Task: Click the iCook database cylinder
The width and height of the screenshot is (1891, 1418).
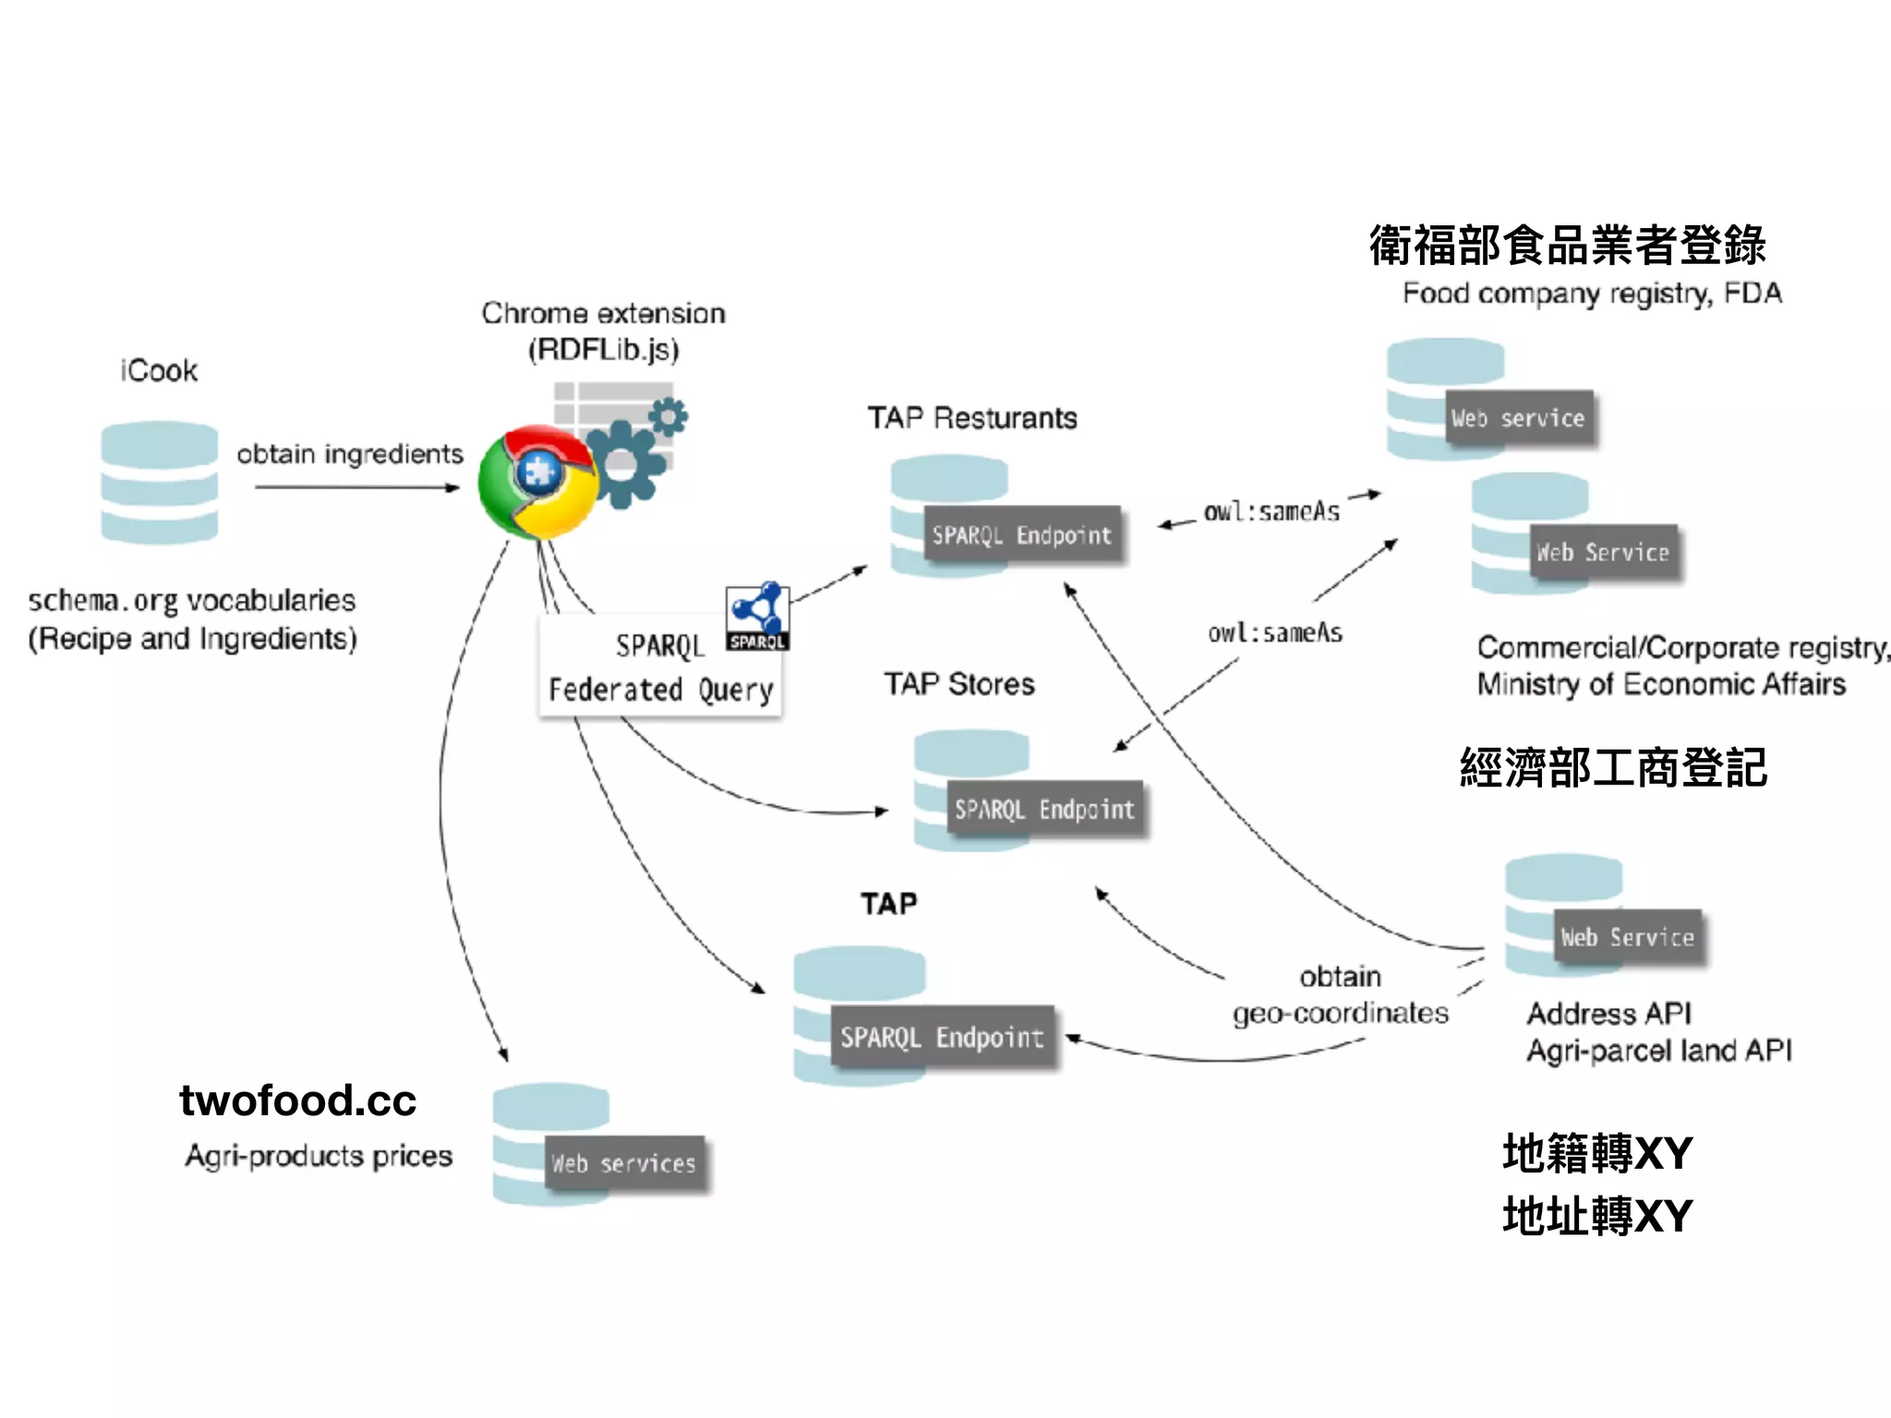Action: click(x=159, y=482)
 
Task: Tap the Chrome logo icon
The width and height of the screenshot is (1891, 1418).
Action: click(x=537, y=482)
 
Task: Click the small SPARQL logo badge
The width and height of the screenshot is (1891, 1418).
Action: click(x=757, y=617)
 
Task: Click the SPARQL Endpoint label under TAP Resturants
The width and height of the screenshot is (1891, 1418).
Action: click(x=1022, y=535)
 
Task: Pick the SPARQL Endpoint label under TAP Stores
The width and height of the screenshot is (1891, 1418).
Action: click(x=1044, y=810)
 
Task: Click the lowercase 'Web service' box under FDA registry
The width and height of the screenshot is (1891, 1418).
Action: click(x=1518, y=418)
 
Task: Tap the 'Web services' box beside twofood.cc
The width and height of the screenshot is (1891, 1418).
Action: click(x=623, y=1163)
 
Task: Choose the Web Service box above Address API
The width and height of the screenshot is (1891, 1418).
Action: click(x=1628, y=937)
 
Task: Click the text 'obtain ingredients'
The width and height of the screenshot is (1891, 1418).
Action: click(x=350, y=454)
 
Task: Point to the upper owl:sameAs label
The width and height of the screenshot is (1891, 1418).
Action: click(x=1271, y=511)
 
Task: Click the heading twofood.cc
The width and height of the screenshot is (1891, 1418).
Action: click(x=297, y=1100)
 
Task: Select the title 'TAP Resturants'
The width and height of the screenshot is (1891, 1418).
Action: click(x=971, y=418)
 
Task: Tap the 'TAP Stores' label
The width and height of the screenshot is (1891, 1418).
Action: click(x=959, y=684)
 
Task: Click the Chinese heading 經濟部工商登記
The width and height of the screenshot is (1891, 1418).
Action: click(x=1613, y=768)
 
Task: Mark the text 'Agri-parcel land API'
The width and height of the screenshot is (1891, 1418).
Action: click(x=1658, y=1051)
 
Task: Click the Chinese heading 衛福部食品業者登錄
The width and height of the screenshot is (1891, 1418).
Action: click(x=1567, y=246)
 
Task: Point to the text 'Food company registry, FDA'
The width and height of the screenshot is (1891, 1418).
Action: click(x=1591, y=294)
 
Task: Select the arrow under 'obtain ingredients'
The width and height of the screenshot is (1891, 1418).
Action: click(x=356, y=487)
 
